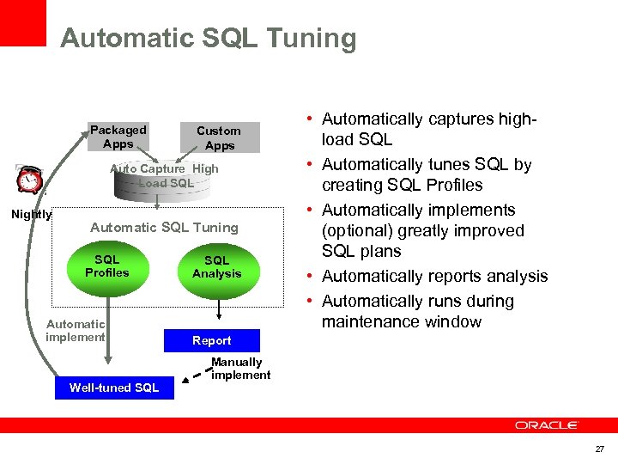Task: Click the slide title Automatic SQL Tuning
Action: pyautogui.click(x=208, y=39)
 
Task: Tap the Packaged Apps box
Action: pyautogui.click(x=118, y=137)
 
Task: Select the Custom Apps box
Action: pyautogui.click(x=219, y=137)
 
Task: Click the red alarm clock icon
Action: pyautogui.click(x=30, y=180)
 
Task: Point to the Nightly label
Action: pyautogui.click(x=31, y=215)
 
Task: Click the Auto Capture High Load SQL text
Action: pyautogui.click(x=164, y=175)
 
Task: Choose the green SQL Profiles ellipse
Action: pyautogui.click(x=107, y=267)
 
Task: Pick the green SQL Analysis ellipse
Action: pyautogui.click(x=216, y=267)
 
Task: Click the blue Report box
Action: pyautogui.click(x=211, y=340)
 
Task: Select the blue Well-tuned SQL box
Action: pyautogui.click(x=114, y=388)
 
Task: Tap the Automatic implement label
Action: pyautogui.click(x=76, y=331)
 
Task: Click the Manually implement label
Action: pyautogui.click(x=239, y=369)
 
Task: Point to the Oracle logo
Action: pyautogui.click(x=547, y=425)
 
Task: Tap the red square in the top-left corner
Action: pyautogui.click(x=22, y=22)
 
